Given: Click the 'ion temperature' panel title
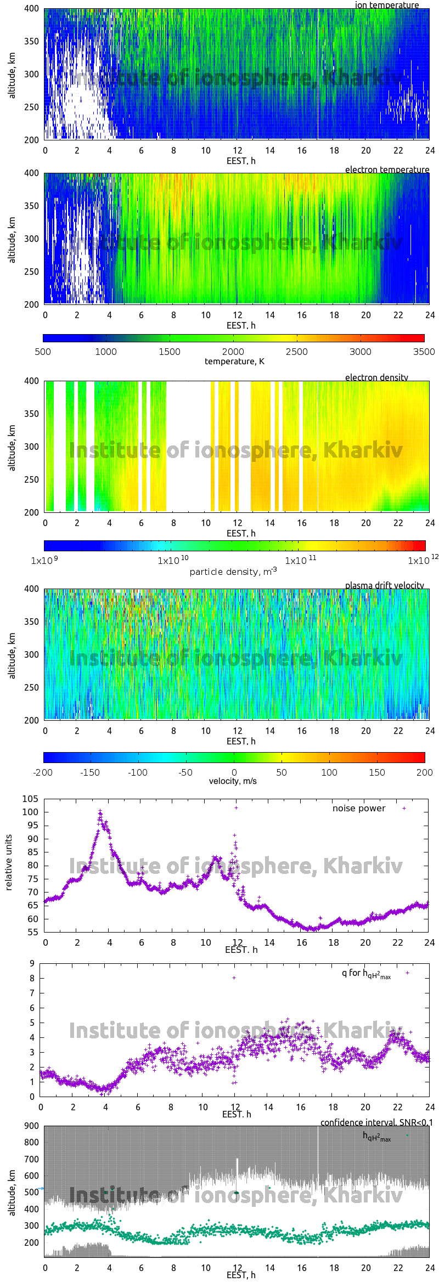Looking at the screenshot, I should click(386, 5).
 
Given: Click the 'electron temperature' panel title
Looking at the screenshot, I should click(387, 170).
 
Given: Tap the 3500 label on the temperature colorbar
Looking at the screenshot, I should click(424, 352).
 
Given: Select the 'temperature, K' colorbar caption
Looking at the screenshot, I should click(234, 362).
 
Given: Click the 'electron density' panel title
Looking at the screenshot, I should click(376, 377).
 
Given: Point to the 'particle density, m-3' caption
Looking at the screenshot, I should click(233, 572).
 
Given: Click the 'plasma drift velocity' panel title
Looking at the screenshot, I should click(384, 585).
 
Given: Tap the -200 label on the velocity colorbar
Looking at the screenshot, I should click(43, 772).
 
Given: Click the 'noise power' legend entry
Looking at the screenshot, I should click(359, 808).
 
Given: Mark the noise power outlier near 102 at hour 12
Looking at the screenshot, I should click(236, 807).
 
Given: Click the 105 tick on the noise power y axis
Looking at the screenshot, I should click(30, 799).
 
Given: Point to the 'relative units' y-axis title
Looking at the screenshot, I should click(9, 863).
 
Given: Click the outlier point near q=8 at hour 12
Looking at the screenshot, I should click(234, 978).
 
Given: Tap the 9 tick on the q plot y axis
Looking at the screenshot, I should click(32, 963).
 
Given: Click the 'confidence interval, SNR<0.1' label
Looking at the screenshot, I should click(376, 1122).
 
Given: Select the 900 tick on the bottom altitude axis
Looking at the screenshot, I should click(32, 1126).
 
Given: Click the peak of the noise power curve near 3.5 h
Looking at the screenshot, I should click(100, 811).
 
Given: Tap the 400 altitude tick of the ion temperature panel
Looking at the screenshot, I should click(31, 9).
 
